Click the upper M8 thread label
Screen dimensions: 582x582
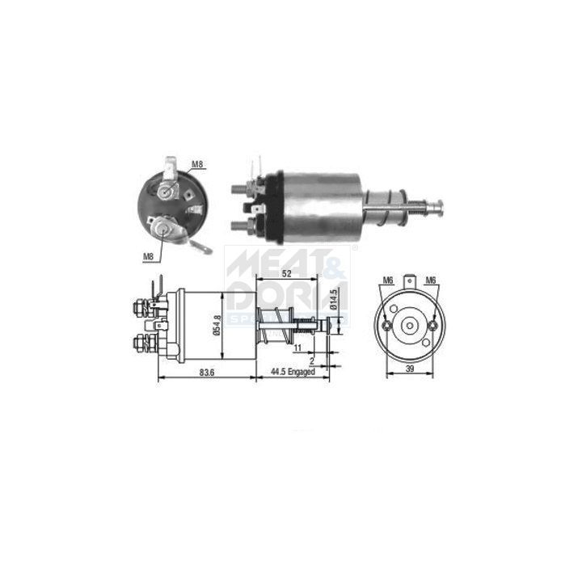(x=196, y=165)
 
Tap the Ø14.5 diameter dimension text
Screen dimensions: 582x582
(x=333, y=302)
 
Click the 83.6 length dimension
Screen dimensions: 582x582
(x=206, y=373)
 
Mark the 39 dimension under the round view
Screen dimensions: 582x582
(x=410, y=369)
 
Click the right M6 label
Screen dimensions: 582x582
(x=431, y=280)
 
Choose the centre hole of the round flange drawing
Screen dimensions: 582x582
(x=410, y=326)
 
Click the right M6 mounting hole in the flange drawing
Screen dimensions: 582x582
(x=433, y=326)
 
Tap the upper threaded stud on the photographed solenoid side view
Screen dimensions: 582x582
(x=238, y=191)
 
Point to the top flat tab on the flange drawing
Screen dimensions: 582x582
(x=410, y=283)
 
